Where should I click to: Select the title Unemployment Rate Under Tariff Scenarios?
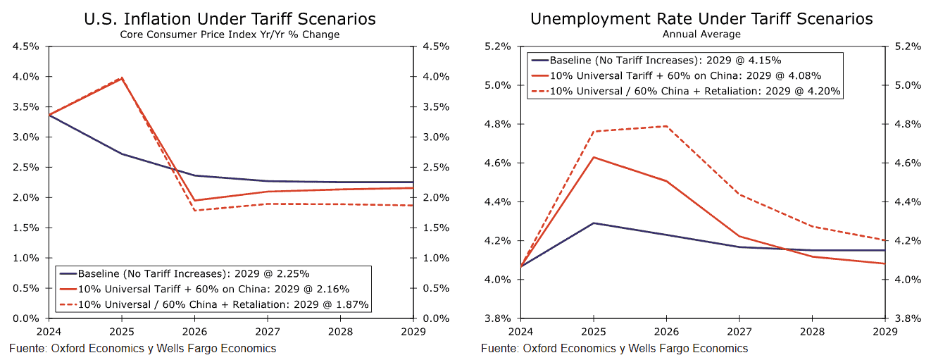701,19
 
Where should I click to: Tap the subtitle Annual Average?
701,34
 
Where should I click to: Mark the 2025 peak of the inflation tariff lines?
122,77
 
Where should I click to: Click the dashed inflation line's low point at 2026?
194,211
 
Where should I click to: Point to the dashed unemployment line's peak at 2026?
666,126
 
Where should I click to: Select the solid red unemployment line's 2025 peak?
594,157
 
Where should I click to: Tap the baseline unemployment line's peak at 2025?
594,223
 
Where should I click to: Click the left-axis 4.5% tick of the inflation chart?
26,46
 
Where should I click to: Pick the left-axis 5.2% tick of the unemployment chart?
498,46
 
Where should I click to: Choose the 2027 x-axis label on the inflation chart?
268,330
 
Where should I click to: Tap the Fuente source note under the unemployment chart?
614,348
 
